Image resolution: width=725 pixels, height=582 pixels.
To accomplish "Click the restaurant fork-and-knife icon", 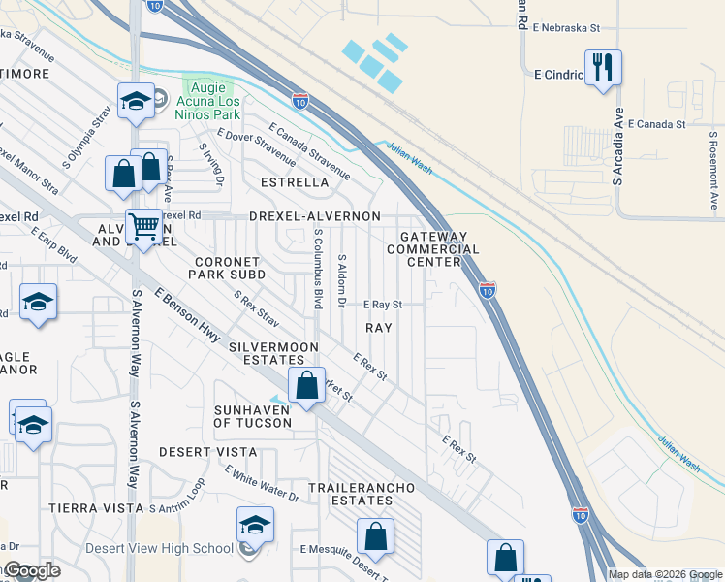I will (603, 67).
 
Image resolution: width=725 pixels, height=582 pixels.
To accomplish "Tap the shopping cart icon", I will (144, 227).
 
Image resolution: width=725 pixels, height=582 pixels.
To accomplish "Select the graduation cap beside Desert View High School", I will (255, 526).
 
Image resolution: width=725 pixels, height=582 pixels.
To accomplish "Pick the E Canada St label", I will (656, 124).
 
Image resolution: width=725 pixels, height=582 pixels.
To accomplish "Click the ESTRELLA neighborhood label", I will (296, 181).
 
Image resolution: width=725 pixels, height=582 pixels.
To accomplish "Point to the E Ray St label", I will (382, 304).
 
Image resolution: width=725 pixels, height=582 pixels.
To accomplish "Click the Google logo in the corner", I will (31, 570).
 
